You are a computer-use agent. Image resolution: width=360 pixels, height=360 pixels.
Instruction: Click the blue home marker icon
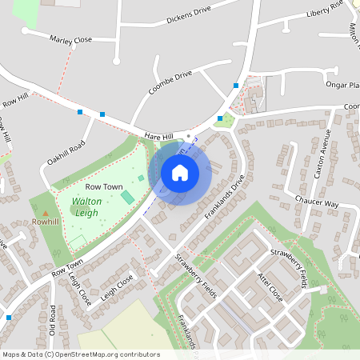coord(180,172)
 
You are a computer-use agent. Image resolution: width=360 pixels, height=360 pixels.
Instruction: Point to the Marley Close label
coord(71,38)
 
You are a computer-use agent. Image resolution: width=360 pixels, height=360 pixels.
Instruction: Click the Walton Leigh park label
coord(86,207)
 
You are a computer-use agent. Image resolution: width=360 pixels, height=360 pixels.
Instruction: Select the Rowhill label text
coord(46,222)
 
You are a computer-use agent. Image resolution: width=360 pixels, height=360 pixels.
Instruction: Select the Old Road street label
coord(52,318)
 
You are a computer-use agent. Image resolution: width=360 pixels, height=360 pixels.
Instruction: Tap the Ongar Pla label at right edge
coord(342,85)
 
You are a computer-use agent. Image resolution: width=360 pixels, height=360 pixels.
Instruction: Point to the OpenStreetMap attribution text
coord(81,354)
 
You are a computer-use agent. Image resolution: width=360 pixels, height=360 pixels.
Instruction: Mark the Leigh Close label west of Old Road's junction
coord(79,288)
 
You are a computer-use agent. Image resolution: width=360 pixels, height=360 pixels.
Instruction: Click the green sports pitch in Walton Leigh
coord(127,197)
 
